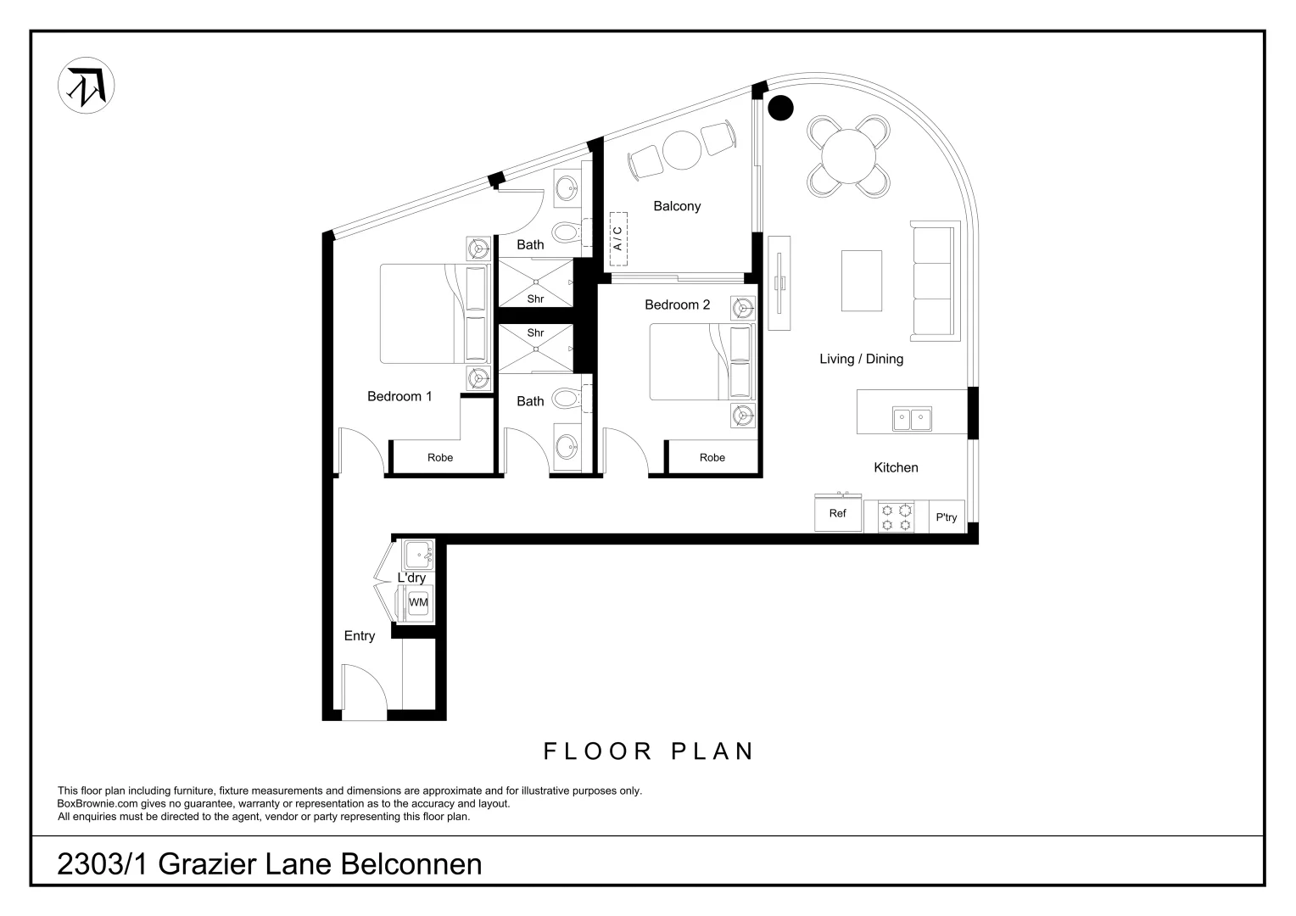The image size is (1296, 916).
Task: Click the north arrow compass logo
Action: tap(87, 86)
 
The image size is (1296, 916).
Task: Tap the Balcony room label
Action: tap(677, 206)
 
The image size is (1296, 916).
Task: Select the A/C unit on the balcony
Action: tap(618, 238)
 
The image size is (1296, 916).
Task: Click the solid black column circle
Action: tap(780, 108)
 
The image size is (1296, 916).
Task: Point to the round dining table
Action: tap(848, 156)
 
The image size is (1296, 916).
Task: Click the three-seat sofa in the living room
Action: tap(935, 281)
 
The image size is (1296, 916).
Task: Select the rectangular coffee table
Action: tap(862, 281)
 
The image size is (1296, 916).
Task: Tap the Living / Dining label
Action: tap(862, 359)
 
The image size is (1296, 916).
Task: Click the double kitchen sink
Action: tap(912, 419)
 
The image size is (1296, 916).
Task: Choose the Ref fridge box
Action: tap(838, 513)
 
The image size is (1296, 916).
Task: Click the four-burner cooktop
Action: tap(897, 517)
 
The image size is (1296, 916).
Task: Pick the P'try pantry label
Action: tap(947, 517)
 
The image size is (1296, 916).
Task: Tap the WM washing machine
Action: tap(418, 602)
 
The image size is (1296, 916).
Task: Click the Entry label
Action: tap(360, 636)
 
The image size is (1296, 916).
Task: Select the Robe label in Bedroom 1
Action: tap(440, 458)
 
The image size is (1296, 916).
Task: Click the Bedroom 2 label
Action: tap(678, 305)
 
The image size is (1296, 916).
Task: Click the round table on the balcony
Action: tap(682, 150)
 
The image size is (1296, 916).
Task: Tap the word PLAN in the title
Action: tap(712, 751)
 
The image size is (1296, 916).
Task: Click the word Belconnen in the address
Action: tap(411, 864)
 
